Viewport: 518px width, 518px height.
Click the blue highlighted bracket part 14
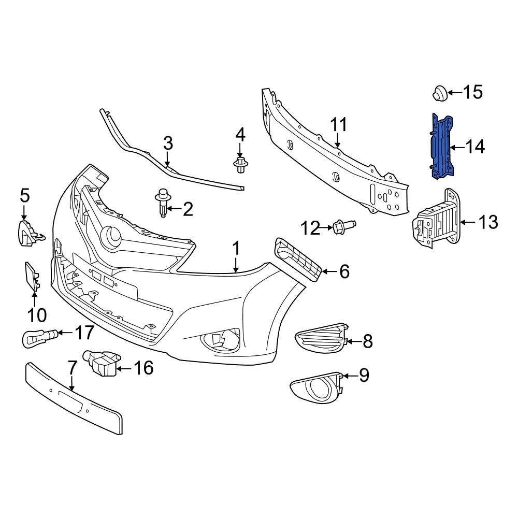(441, 147)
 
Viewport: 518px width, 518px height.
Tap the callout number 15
(472, 93)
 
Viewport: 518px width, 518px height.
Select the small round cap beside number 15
(440, 94)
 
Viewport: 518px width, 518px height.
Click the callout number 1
(236, 249)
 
